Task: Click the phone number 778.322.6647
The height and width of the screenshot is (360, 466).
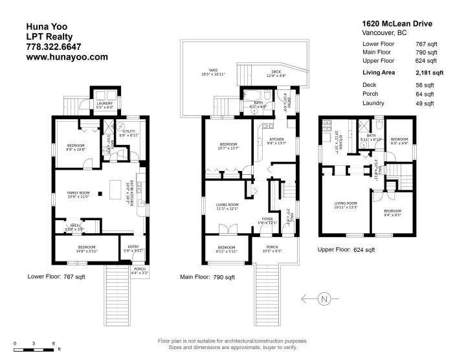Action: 53,47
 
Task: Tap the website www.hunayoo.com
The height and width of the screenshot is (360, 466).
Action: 66,57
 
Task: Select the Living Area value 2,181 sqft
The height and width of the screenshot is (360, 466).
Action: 429,73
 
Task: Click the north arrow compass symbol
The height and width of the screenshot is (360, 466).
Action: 324,298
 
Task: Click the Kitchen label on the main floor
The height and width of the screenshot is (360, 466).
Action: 277,141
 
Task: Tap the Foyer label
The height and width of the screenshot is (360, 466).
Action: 267,220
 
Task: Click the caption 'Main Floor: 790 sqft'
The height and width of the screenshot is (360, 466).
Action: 207,277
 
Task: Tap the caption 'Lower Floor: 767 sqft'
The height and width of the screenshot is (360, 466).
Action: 56,276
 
